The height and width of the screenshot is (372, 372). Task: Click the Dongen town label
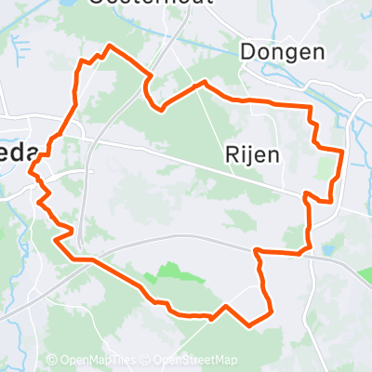(282, 51)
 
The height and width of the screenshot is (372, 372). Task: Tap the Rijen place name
(252, 155)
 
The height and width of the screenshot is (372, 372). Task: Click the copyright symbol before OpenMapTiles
(52, 361)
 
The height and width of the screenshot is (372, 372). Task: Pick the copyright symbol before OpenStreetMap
(148, 361)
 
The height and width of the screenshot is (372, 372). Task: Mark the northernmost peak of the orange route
(112, 45)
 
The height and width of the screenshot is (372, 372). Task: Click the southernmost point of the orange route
(249, 325)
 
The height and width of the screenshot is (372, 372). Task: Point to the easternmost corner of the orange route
(343, 150)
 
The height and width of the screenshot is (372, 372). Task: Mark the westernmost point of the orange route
(31, 171)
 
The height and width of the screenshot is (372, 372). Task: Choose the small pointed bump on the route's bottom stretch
(226, 306)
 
